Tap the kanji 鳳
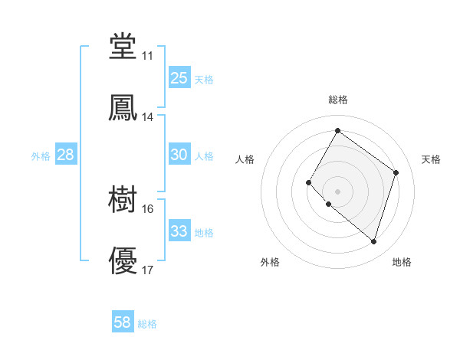tap(123, 108)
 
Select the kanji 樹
tap(123, 200)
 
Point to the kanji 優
tap(123, 261)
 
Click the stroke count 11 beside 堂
tap(147, 56)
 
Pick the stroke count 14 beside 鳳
tap(147, 117)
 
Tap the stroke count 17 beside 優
tap(147, 270)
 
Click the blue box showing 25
tap(179, 78)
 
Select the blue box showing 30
tap(179, 155)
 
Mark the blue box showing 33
tap(179, 231)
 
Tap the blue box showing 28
tap(66, 155)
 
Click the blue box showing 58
tap(123, 322)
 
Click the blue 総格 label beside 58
tap(147, 324)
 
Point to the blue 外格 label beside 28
tap(41, 156)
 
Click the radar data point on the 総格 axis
tap(337, 131)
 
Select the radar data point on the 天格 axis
tap(396, 172)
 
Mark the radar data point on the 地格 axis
tap(373, 241)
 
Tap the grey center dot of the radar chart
tap(337, 191)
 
